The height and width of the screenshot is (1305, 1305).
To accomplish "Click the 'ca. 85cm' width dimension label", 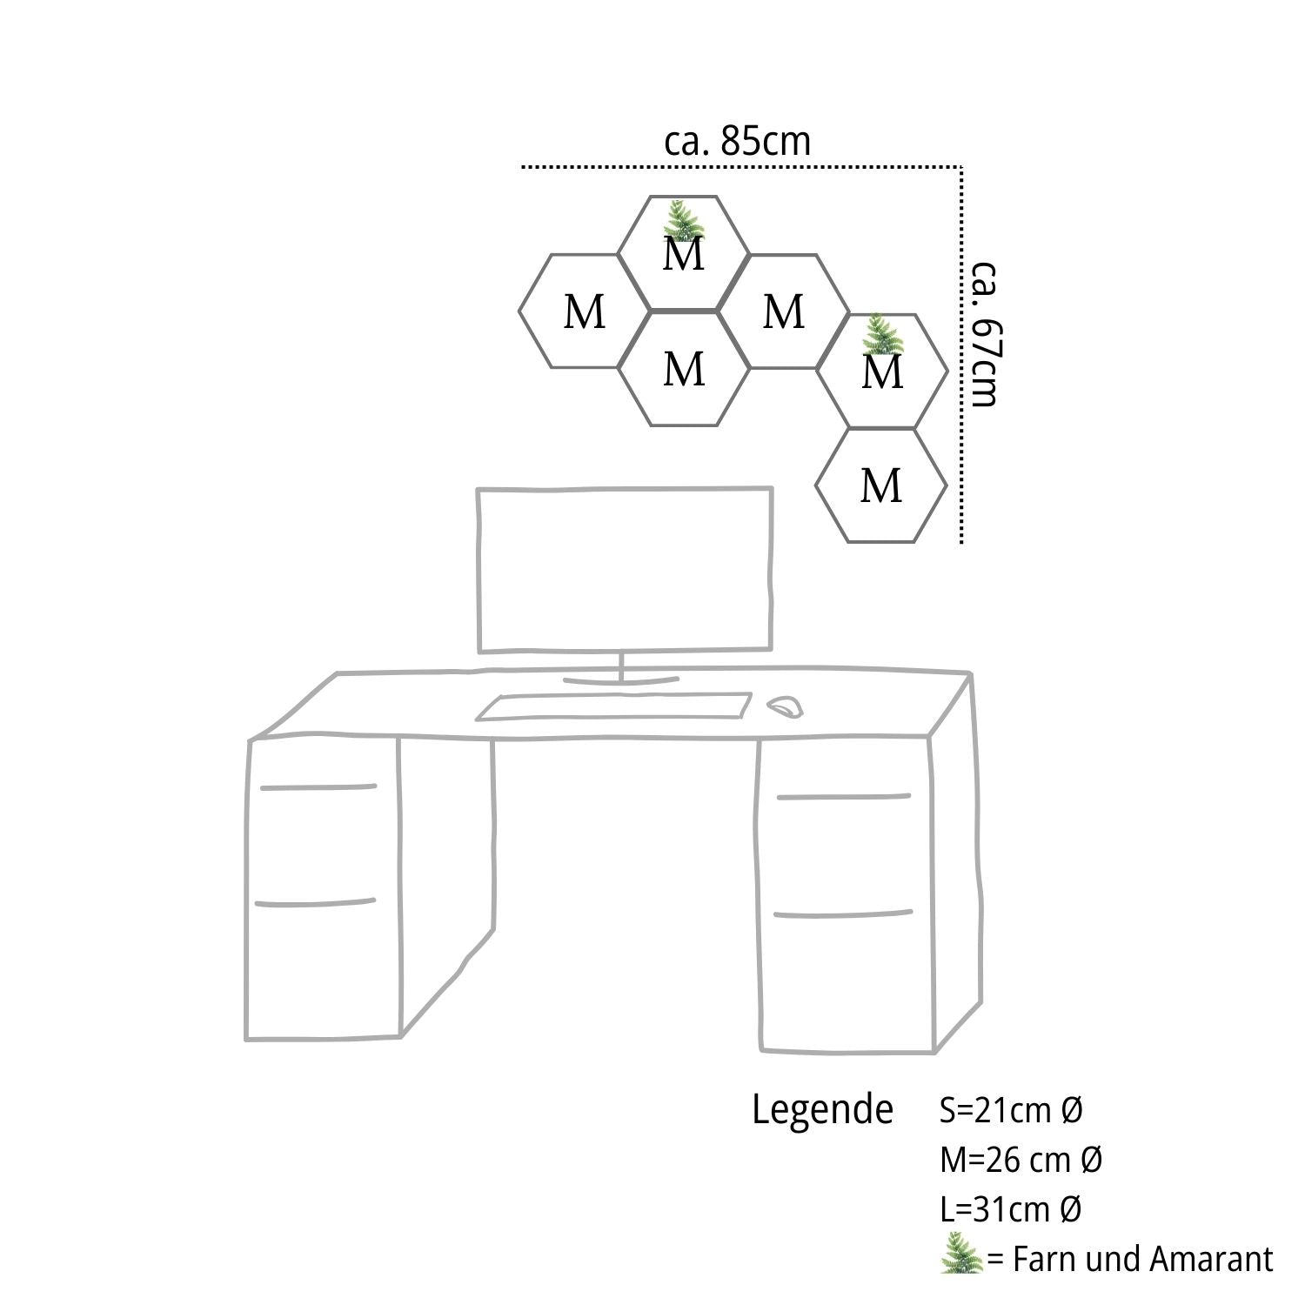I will point(737,141).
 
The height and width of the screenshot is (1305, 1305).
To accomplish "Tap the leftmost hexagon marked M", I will point(584,311).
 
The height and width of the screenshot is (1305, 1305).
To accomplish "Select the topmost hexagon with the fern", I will point(684,253).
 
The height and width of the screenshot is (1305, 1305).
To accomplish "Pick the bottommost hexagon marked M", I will point(881,485).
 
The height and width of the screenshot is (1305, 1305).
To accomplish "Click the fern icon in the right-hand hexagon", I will point(880,334).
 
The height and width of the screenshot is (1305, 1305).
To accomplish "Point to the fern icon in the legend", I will point(961,1253).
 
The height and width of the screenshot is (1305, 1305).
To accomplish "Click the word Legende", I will point(822,1109).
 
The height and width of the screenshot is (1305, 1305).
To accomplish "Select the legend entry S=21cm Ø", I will point(1011,1109).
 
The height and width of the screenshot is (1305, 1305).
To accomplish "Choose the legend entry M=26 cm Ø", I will point(1021,1159).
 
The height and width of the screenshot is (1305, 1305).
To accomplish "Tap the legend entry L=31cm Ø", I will point(1010,1208).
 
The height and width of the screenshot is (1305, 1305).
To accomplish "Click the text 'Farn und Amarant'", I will point(1142,1259).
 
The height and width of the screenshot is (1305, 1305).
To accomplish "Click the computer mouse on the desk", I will point(785,706).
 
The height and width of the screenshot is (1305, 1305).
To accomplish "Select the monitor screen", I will point(625,570).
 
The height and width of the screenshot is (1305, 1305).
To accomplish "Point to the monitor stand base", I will point(620,680).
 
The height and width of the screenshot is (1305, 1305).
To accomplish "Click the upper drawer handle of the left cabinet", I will point(318,787).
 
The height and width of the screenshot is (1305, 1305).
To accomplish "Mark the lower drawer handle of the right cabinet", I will point(842,913).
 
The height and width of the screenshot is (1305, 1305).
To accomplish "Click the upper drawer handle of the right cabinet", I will point(843,796).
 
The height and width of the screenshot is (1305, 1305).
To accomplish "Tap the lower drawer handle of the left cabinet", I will point(315,902).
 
